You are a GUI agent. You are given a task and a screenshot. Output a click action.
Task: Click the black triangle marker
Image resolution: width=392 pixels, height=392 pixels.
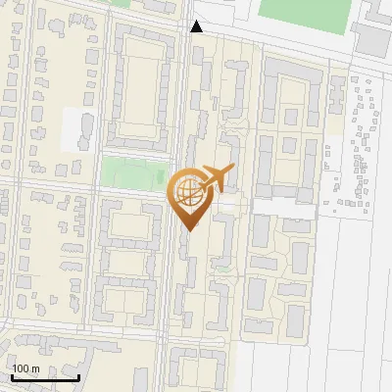pos(196,26)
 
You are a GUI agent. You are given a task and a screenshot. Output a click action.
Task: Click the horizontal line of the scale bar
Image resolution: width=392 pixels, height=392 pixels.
pos(45,376)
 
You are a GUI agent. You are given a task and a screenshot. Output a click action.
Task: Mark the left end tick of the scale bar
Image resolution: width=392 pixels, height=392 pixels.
pos(12,374)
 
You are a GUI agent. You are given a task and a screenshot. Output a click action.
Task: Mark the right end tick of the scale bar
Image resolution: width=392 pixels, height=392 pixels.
pos(78,374)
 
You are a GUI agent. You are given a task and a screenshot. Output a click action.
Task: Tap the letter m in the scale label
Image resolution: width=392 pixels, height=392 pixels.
pos(35,368)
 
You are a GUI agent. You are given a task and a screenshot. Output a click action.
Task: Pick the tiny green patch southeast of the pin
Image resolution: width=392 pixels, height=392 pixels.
pos(224,268)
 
